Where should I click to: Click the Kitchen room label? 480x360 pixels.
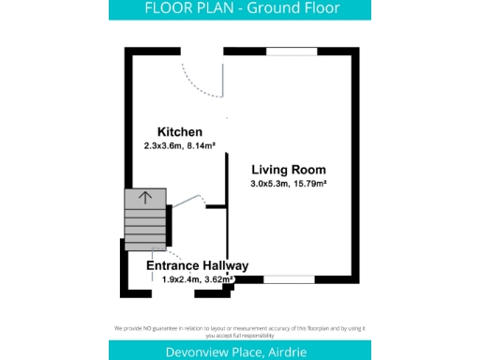(179, 132)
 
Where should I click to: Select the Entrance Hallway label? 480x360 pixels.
(198, 266)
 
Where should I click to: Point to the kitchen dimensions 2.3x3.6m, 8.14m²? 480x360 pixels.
(180, 146)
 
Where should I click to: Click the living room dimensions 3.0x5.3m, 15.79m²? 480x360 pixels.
(288, 184)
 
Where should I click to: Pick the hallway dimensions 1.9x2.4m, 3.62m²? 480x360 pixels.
(198, 279)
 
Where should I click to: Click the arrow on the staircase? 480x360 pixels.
(145, 198)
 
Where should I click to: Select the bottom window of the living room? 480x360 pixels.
(288, 279)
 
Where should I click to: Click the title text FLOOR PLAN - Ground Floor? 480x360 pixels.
(240, 9)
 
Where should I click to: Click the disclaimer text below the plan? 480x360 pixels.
(240, 330)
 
